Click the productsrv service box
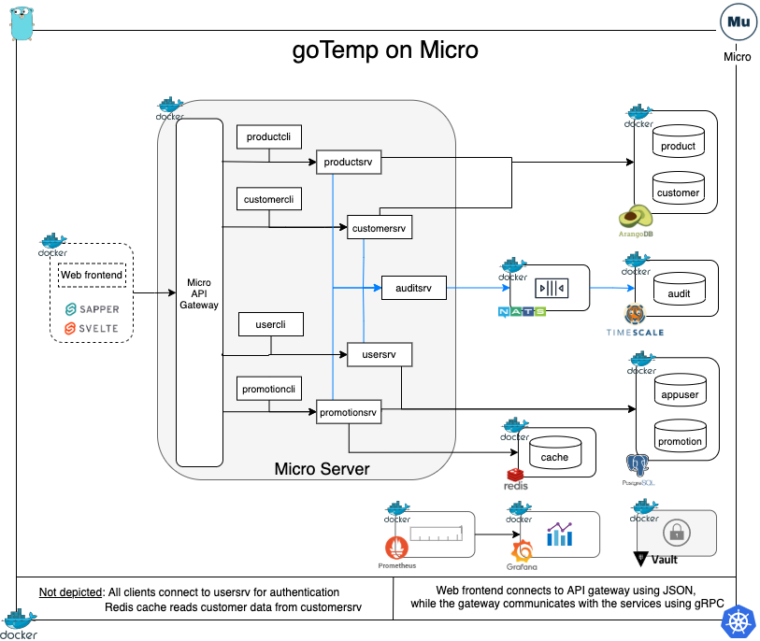349,162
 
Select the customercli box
269,199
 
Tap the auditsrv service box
413,288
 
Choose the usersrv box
380,355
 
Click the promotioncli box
269,389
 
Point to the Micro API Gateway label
199,293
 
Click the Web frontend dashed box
92,276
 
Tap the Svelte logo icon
70,329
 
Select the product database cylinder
678,141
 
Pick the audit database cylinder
679,289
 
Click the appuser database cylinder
680,390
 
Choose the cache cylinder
555,452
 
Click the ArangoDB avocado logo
636,217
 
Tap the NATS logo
522,311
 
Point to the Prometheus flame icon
396,548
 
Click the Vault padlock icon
677,533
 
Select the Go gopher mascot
22,23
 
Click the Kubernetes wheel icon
738,621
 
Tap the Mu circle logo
738,21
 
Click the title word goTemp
336,50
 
